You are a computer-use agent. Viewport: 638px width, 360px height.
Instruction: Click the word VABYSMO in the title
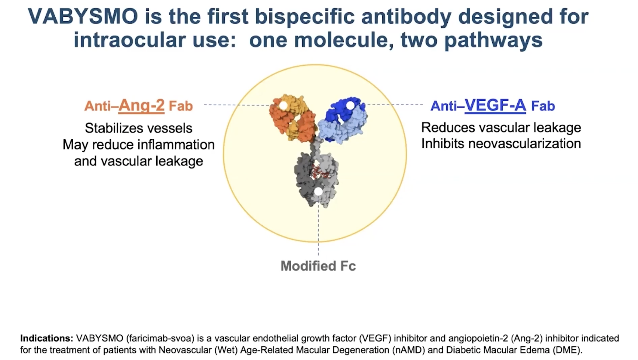[x=83, y=17]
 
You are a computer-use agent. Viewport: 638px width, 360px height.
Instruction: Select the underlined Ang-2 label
[x=141, y=106]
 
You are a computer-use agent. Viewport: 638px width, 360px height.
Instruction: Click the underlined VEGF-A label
[x=495, y=105]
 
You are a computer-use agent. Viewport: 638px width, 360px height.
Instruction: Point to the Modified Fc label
[x=318, y=266]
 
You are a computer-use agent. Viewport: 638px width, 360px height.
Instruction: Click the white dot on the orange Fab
[x=283, y=106]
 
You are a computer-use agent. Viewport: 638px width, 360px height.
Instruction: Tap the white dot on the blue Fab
[x=350, y=106]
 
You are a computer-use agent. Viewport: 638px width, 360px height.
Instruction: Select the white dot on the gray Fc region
[x=318, y=192]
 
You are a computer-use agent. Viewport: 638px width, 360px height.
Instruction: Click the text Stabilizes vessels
[x=138, y=128]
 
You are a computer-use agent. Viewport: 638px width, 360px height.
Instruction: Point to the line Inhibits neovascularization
[x=501, y=144]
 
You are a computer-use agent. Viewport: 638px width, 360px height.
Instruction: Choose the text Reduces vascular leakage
[x=501, y=128]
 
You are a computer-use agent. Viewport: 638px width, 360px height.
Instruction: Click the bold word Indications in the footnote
[x=47, y=338]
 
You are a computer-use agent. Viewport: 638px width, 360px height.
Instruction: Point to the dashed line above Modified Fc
[x=318, y=231]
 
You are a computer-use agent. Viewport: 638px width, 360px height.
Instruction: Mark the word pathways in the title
[x=493, y=40]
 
